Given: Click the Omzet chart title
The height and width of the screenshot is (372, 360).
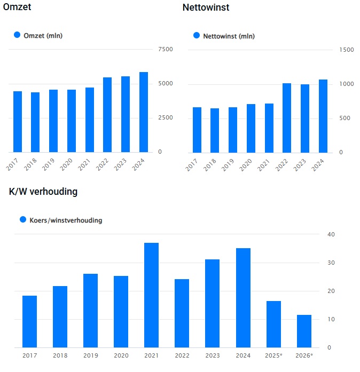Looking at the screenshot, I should pyautogui.click(x=17, y=8).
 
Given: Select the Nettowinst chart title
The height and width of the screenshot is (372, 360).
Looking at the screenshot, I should pyautogui.click(x=206, y=8).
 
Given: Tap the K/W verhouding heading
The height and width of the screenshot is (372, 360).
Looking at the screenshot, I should pyautogui.click(x=43, y=192).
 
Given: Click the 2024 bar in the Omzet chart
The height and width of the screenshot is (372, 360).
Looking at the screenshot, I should pyautogui.click(x=144, y=112).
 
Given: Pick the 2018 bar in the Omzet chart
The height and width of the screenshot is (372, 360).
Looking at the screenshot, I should pyautogui.click(x=35, y=122).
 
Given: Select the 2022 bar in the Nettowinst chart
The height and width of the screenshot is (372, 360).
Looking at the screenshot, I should pyautogui.click(x=287, y=118).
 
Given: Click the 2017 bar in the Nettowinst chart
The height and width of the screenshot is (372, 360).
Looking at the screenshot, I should pyautogui.click(x=197, y=130).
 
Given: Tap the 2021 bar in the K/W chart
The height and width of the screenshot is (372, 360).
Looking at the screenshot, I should pyautogui.click(x=151, y=295).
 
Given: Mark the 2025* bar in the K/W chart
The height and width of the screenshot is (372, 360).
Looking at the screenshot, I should pyautogui.click(x=273, y=324).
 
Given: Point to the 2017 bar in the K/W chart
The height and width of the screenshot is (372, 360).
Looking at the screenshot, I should pyautogui.click(x=29, y=321).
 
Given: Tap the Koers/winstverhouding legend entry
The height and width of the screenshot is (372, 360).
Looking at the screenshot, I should pyautogui.click(x=60, y=220).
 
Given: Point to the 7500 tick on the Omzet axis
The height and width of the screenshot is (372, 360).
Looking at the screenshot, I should pyautogui.click(x=166, y=50).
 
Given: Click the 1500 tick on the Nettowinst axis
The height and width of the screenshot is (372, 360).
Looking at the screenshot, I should pyautogui.click(x=347, y=50).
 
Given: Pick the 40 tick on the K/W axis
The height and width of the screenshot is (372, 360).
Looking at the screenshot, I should pyautogui.click(x=331, y=234).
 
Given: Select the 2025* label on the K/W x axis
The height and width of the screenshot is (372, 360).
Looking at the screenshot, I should pyautogui.click(x=273, y=355).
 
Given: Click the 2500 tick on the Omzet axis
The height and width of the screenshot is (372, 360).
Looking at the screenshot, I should pyautogui.click(x=166, y=118).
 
